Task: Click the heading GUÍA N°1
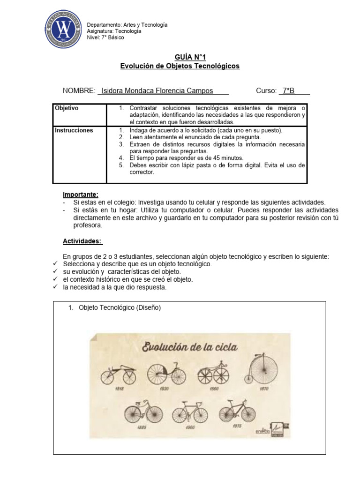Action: [x=180, y=57]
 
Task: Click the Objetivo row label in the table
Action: [x=67, y=108]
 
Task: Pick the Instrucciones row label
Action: [x=74, y=130]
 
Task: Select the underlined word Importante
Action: [x=81, y=195]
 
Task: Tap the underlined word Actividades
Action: [x=82, y=241]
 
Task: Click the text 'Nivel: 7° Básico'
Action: [x=106, y=37]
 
